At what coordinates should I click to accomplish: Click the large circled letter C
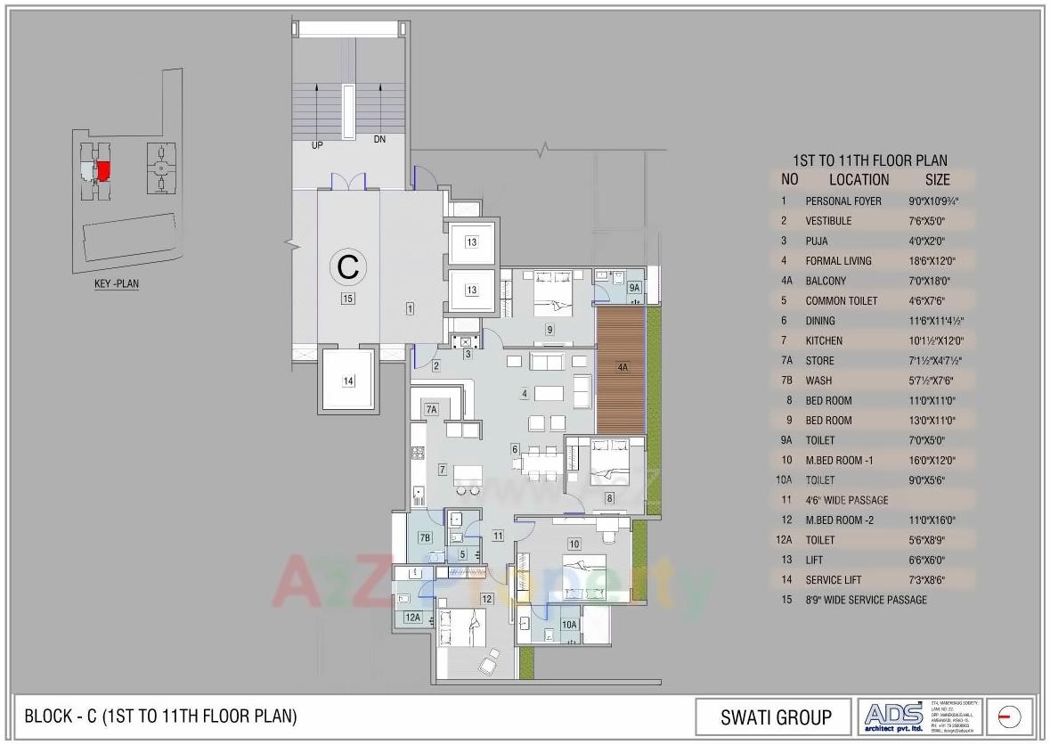point(348,266)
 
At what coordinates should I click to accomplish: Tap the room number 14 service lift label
point(348,381)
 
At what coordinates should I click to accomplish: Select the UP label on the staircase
point(317,144)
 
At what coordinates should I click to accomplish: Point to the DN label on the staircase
point(379,140)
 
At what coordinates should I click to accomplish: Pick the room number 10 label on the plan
point(574,544)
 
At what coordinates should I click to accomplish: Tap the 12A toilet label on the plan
point(411,617)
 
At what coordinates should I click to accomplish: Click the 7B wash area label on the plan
point(425,537)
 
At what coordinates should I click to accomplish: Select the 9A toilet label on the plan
point(634,288)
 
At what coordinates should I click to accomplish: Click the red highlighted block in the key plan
point(103,169)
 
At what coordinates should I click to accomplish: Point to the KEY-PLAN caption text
point(117,284)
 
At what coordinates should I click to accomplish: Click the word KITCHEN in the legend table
point(824,340)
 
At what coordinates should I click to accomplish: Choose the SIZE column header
point(937,179)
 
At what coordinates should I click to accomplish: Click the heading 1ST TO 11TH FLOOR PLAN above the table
point(869,160)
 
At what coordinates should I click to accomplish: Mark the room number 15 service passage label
point(347,299)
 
